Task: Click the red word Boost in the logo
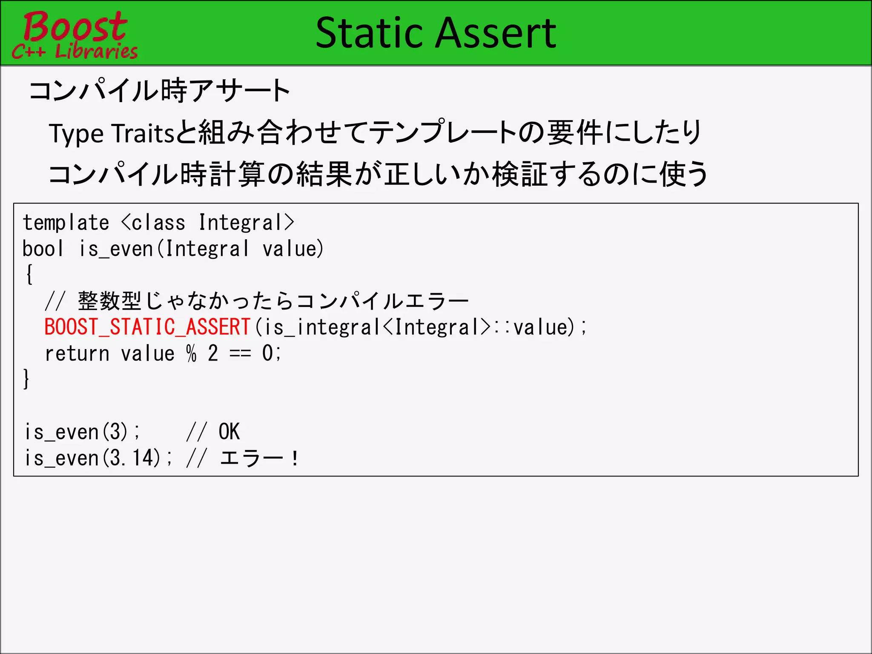[75, 26]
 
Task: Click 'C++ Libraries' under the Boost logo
[75, 51]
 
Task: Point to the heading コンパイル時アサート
[159, 90]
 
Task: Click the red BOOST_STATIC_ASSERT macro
[147, 327]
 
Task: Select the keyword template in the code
[66, 223]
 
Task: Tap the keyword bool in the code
[43, 249]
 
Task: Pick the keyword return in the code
[77, 353]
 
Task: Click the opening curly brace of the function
[29, 274]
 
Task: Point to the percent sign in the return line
[191, 353]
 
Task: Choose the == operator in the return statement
[240, 353]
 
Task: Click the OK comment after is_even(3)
[229, 432]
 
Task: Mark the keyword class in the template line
[158, 223]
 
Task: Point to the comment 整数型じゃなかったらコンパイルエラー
[273, 301]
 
